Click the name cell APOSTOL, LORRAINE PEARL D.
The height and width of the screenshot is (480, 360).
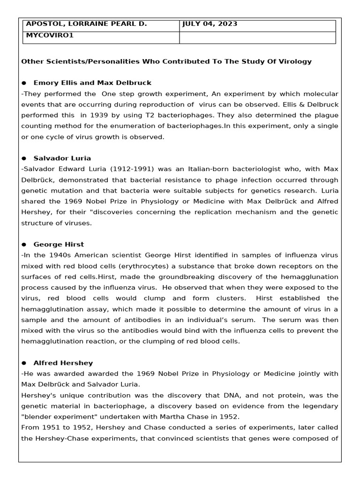[x=86, y=24]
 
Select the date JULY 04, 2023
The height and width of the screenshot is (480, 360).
[x=210, y=24]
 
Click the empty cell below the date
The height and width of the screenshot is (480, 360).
[x=257, y=37]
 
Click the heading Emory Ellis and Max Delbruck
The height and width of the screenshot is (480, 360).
[x=92, y=83]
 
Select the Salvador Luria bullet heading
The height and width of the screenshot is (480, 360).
[x=62, y=158]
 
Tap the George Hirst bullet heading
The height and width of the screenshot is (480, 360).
[x=59, y=245]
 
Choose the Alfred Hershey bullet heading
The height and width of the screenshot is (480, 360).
[x=63, y=363]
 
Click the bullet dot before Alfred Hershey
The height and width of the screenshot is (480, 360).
[x=24, y=363]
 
